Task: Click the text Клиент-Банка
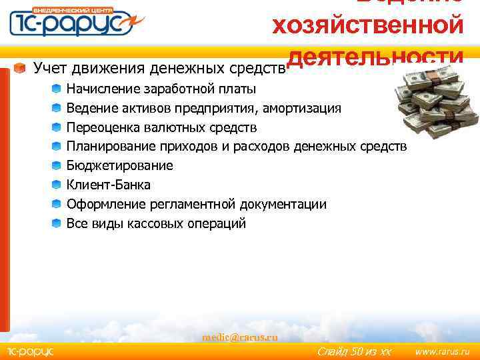pos(108,185)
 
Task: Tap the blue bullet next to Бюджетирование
pos(57,165)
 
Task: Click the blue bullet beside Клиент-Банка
pos(57,185)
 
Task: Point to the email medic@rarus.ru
pos(240,337)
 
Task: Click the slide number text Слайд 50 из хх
pos(353,351)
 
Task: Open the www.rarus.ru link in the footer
pos(442,351)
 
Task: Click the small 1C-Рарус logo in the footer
pos(30,351)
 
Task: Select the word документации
pos(285,204)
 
